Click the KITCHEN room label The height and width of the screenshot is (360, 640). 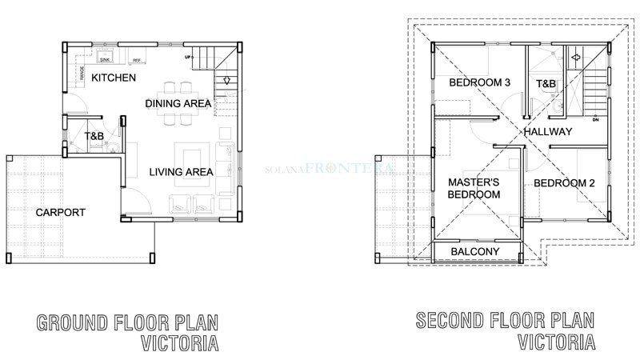(113, 78)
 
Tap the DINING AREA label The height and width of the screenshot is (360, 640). (178, 103)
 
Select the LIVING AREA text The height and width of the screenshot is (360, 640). (181, 171)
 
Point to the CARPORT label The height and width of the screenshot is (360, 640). (60, 212)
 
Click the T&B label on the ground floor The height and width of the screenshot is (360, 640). (94, 137)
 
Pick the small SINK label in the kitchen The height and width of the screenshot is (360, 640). (105, 59)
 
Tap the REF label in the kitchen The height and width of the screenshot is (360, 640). (136, 60)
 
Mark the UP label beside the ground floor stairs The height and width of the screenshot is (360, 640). (188, 58)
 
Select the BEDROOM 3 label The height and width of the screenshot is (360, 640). (479, 82)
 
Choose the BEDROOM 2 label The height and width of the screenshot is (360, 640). (564, 182)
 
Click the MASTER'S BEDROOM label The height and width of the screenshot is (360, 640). (474, 188)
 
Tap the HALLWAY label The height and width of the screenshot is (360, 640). (548, 131)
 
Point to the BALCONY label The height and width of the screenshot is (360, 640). (474, 252)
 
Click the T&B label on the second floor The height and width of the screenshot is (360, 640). (546, 83)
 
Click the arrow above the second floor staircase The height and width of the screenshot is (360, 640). (574, 58)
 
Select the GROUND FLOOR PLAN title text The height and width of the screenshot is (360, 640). (127, 323)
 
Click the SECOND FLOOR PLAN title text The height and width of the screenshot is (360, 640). (505, 322)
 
